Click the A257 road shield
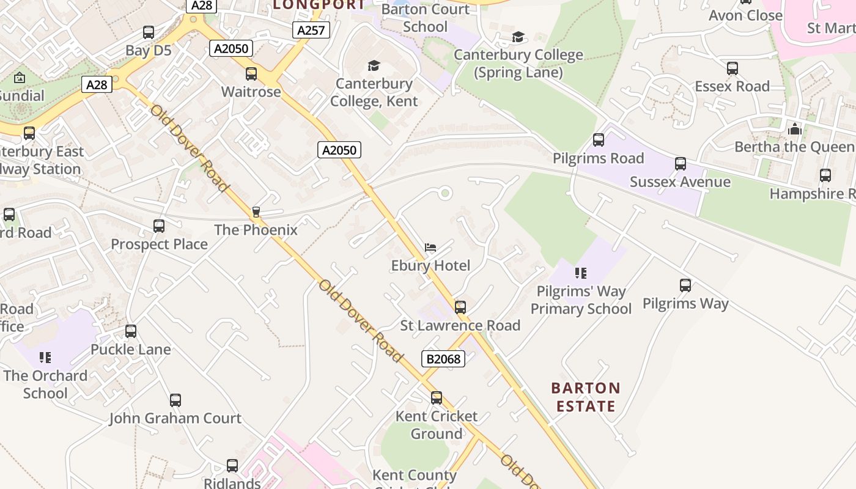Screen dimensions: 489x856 [x=311, y=30]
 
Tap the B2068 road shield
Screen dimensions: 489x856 [x=443, y=359]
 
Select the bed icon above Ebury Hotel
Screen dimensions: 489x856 [x=430, y=248]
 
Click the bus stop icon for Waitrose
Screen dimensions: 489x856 [x=251, y=74]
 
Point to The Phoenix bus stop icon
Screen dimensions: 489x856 [x=256, y=212]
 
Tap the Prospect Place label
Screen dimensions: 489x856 [x=159, y=244]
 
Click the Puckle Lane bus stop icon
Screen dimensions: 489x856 [x=131, y=331]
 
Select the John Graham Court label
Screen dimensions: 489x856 [x=175, y=418]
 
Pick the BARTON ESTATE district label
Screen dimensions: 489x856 [x=586, y=397]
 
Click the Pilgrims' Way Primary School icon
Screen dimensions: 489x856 [x=581, y=273]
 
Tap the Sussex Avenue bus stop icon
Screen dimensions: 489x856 [x=681, y=164]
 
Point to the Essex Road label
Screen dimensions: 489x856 [x=732, y=86]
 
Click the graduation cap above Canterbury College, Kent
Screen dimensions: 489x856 [x=374, y=65]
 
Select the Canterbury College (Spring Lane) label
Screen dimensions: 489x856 [x=518, y=64]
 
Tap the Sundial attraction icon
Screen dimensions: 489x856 [x=20, y=78]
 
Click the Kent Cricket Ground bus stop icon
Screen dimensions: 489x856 [x=437, y=398]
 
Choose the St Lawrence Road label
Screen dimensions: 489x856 [x=460, y=325]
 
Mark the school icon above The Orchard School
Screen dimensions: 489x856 [x=45, y=357]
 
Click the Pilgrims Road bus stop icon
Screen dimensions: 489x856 [x=599, y=140]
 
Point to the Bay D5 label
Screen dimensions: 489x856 [x=149, y=50]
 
